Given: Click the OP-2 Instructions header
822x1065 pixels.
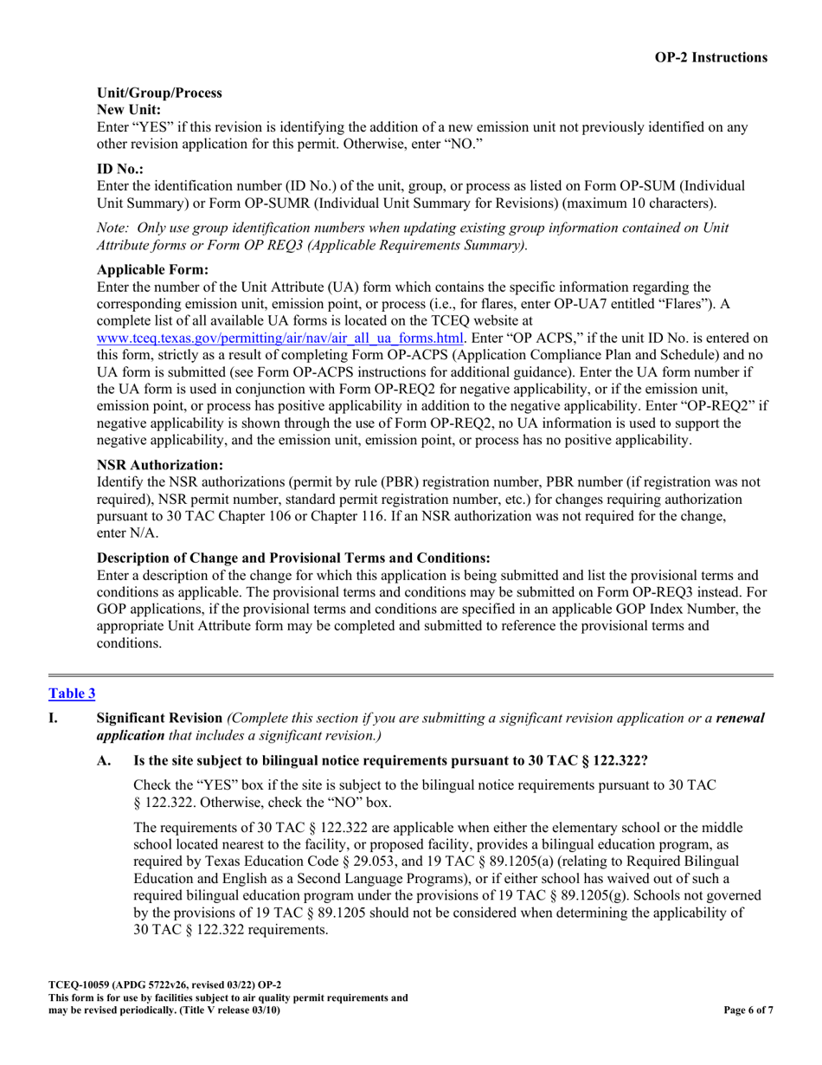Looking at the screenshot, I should click(x=710, y=58).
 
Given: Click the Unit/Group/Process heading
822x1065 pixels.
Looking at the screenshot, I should click(x=159, y=93).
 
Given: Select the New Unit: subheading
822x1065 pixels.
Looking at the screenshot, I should click(x=128, y=110).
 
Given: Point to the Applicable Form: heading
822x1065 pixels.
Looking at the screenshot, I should click(x=152, y=269).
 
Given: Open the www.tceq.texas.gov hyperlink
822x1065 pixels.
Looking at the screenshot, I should click(x=280, y=338).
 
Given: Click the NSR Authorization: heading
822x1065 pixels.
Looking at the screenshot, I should click(x=160, y=465).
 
